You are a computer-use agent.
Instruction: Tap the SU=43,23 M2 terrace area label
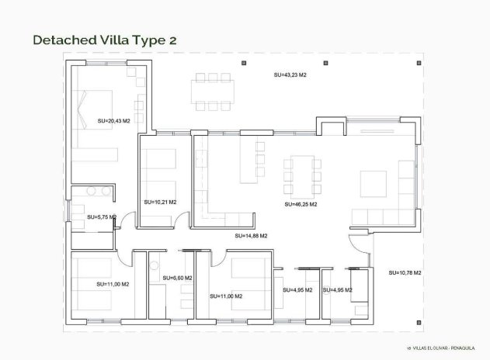(x=290, y=75)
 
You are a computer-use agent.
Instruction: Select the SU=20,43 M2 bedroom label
(x=113, y=121)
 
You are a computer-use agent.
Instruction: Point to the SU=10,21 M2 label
(x=160, y=202)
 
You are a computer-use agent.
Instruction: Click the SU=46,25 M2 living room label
(x=299, y=205)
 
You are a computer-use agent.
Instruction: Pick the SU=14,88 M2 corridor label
(x=251, y=235)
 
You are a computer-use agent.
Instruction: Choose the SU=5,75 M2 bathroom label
(x=101, y=217)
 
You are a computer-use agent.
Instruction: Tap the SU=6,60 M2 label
(x=177, y=278)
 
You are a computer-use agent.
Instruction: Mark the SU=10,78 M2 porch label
(x=404, y=272)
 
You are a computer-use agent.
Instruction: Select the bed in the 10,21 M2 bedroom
(x=161, y=162)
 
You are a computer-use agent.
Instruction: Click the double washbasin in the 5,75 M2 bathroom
(x=97, y=192)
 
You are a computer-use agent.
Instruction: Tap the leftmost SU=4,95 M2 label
(x=297, y=290)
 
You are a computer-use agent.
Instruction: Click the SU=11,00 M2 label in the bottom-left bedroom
(x=113, y=285)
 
